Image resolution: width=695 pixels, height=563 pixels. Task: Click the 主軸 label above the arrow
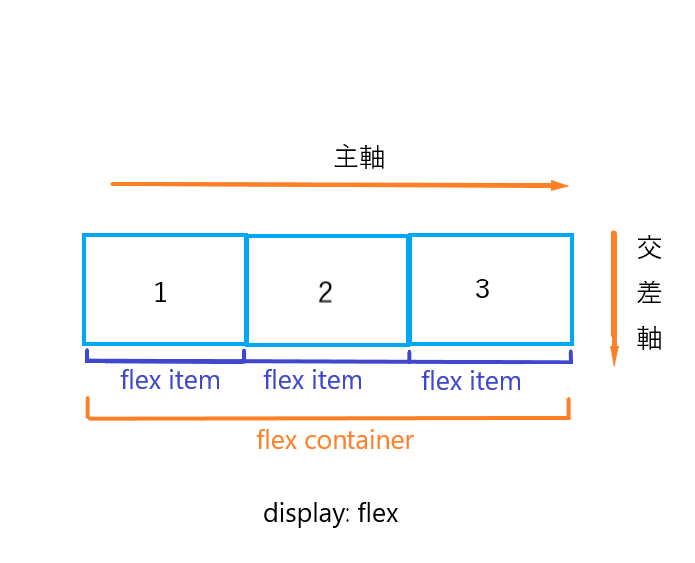359,158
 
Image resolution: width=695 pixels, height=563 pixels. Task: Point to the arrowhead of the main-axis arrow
561,185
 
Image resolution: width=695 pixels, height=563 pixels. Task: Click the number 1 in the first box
160,293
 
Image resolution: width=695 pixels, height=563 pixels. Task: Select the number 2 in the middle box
325,293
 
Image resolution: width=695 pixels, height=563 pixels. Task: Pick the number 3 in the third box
482,289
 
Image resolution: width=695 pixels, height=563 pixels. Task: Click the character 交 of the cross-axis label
649,248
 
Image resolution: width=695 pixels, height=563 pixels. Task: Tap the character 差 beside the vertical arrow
649,293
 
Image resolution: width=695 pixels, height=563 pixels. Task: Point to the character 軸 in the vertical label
649,339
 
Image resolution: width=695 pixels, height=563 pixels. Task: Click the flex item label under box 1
170,380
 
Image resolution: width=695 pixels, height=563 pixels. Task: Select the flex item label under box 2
313,380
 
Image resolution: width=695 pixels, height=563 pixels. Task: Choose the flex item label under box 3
471,381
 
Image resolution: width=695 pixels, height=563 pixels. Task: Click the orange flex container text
335,440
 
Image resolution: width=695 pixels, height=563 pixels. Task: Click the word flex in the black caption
377,514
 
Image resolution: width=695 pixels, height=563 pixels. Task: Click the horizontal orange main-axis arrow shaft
330,185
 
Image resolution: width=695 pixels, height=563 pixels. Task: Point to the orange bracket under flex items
329,418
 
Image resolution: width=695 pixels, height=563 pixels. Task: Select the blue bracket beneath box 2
327,359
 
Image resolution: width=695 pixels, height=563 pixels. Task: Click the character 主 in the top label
347,158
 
